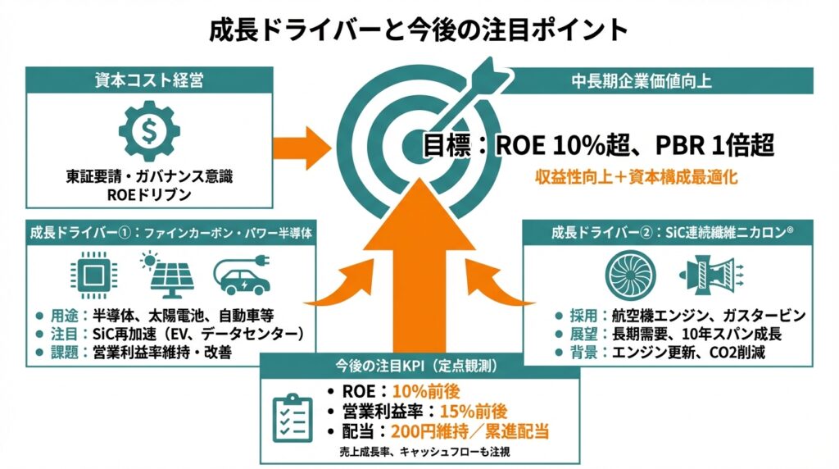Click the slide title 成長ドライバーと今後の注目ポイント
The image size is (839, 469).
point(419,30)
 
